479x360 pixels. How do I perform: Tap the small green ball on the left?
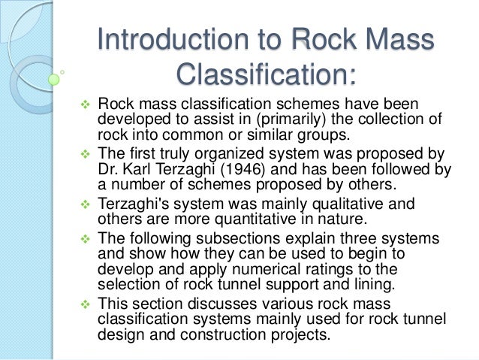pos(53,78)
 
